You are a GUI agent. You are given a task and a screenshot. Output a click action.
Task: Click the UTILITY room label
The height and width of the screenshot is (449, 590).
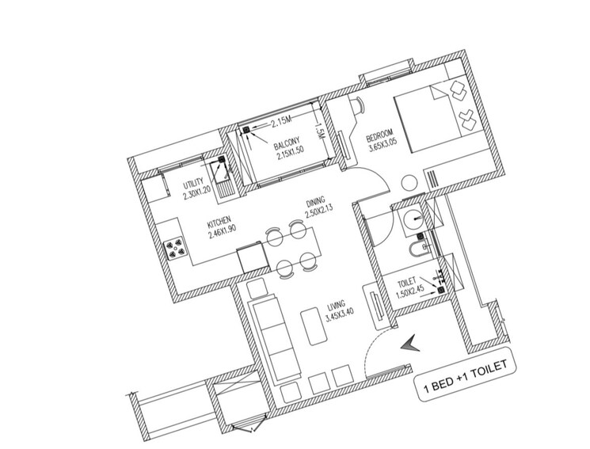194,184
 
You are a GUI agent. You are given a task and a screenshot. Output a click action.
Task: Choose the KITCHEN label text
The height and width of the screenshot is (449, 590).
219,223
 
